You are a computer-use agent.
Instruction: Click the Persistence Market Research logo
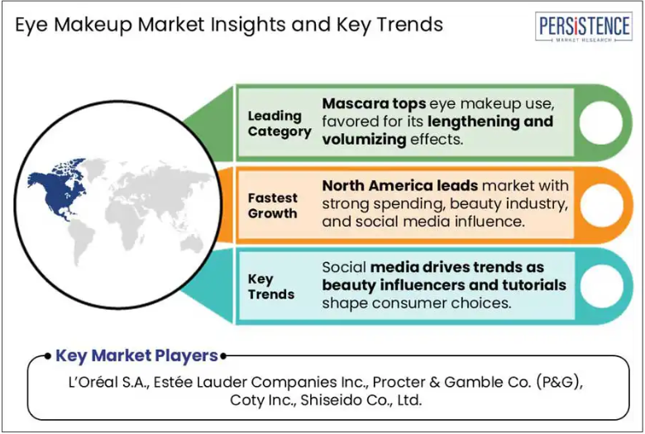(583, 26)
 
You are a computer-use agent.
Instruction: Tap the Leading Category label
(279, 124)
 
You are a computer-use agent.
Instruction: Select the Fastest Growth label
(272, 206)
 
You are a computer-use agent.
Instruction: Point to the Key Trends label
(271, 287)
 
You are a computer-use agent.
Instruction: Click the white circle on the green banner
(601, 122)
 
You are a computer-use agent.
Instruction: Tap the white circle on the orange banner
(601, 205)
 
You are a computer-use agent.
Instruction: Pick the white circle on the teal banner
(601, 286)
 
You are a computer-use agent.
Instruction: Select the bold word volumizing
(364, 140)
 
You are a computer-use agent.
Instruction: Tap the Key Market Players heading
(136, 355)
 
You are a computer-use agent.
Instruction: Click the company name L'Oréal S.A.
(108, 383)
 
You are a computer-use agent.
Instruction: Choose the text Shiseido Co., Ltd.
(361, 400)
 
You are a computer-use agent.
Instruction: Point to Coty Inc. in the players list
(263, 400)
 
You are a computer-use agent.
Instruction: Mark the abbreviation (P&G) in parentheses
(559, 383)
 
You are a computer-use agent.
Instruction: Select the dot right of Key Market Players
(223, 356)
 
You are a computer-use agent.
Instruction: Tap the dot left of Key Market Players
(48, 356)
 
